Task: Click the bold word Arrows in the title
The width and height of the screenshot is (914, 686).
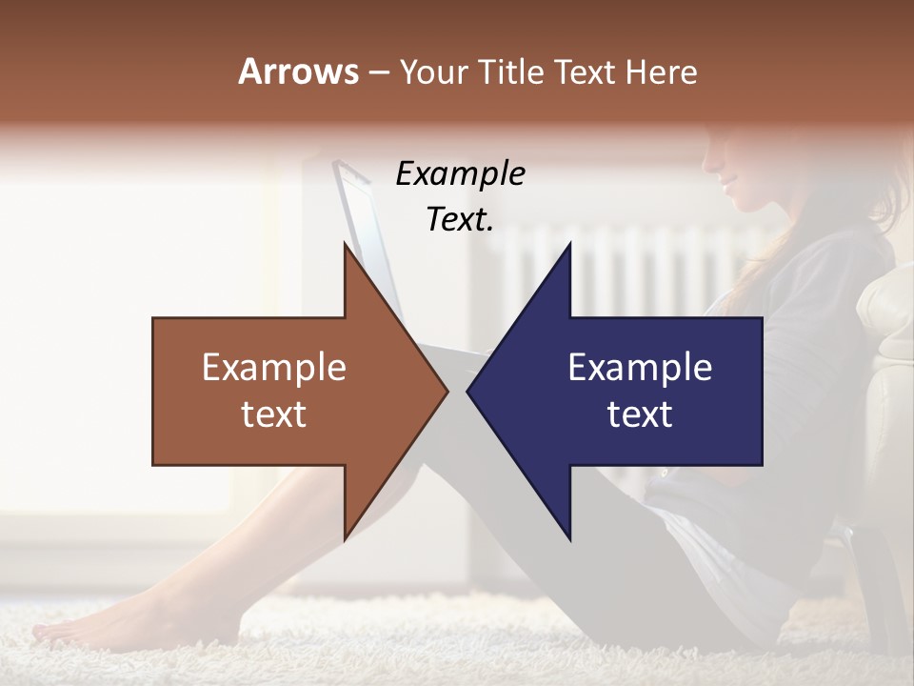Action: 298,71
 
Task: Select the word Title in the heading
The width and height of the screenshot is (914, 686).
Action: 510,71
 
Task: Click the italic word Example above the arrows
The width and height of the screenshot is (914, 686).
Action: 460,174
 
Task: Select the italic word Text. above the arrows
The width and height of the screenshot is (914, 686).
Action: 460,219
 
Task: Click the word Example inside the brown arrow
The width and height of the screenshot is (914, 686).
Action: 274,368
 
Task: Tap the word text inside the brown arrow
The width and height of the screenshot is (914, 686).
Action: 274,414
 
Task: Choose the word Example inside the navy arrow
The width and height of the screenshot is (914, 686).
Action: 640,368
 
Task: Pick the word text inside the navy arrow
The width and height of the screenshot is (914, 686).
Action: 640,414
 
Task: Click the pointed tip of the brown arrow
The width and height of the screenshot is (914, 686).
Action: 447,391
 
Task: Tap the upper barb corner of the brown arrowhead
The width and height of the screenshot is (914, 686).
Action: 345,244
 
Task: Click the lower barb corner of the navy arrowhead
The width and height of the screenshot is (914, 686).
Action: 569,539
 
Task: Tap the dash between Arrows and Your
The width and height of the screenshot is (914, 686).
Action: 377,73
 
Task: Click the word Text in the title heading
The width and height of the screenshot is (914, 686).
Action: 585,71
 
